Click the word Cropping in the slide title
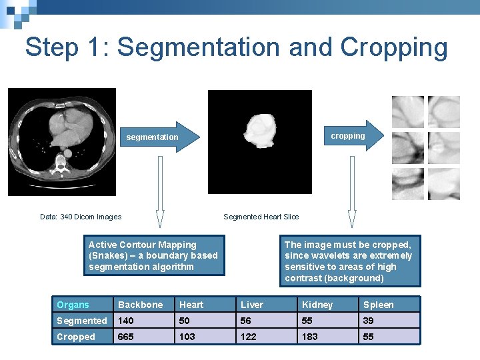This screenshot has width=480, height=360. point(394,48)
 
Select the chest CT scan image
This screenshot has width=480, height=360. point(61,142)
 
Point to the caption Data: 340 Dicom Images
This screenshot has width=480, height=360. point(81,217)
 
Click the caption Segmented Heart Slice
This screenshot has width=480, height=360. point(261,217)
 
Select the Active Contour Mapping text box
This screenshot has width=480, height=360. point(154,256)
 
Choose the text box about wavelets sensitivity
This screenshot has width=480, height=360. point(349,261)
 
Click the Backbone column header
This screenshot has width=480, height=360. point(140,305)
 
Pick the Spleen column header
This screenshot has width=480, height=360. point(378,305)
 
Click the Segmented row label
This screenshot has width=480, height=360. point(81,321)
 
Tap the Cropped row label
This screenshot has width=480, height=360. point(75,337)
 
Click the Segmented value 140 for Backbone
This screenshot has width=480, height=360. point(126,321)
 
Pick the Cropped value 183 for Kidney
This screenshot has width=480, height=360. point(310,337)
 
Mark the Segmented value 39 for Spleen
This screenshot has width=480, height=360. point(369,321)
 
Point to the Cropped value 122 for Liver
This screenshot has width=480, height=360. point(249,337)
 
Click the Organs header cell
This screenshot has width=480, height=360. point(73,305)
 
